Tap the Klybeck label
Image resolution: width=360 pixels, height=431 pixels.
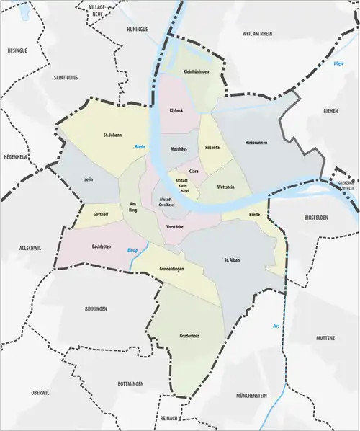(176, 112)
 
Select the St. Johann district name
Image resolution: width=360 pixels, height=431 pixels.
(114, 135)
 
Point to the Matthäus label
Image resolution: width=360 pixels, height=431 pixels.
(179, 148)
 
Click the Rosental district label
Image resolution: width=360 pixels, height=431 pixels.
(212, 148)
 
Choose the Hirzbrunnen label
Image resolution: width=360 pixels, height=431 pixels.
(256, 143)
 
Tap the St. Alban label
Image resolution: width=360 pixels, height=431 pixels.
(231, 259)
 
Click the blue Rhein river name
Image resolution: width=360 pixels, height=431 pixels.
(140, 147)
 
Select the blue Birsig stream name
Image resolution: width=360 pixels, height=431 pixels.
(132, 252)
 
